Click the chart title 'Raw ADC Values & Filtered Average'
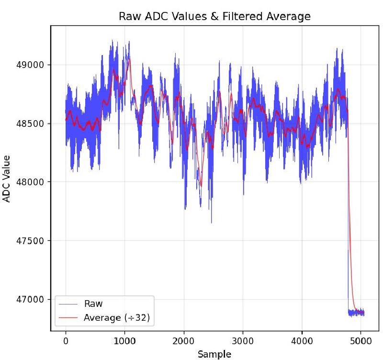pyautogui.click(x=214, y=17)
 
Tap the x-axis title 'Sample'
pyautogui.click(x=214, y=354)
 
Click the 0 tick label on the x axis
pyautogui.click(x=66, y=341)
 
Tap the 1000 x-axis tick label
pyautogui.click(x=124, y=341)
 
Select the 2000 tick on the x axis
pyautogui.click(x=183, y=341)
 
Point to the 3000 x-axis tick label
pyautogui.click(x=243, y=341)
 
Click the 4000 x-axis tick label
pyautogui.click(x=302, y=341)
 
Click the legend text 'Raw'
pyautogui.click(x=93, y=304)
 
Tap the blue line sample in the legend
pyautogui.click(x=68, y=304)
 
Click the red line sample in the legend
pyautogui.click(x=68, y=317)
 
